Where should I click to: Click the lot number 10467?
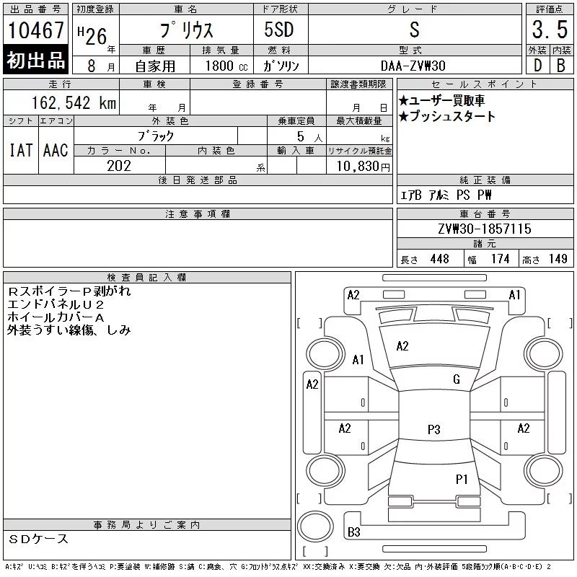[x=35, y=30]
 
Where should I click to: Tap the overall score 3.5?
[x=550, y=30]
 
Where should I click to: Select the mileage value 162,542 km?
[x=74, y=102]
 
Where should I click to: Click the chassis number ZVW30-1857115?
[x=485, y=229]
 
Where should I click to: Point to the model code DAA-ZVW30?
[x=413, y=66]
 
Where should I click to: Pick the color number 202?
[x=119, y=166]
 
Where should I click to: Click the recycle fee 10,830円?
[x=364, y=167]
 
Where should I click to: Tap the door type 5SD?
[x=279, y=30]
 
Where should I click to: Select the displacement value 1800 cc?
[x=226, y=66]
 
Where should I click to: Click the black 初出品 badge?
[x=35, y=60]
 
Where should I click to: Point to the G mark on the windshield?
[x=457, y=379]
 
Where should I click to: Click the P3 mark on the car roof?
[x=434, y=429]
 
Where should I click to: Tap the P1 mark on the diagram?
[x=462, y=479]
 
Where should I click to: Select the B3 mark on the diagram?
[x=354, y=532]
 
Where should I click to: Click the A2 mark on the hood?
[x=402, y=346]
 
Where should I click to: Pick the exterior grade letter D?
[x=537, y=66]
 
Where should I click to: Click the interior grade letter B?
[x=561, y=66]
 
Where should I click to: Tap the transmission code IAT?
[x=21, y=150]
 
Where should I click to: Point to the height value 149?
[x=558, y=259]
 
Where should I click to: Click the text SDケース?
[x=38, y=539]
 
